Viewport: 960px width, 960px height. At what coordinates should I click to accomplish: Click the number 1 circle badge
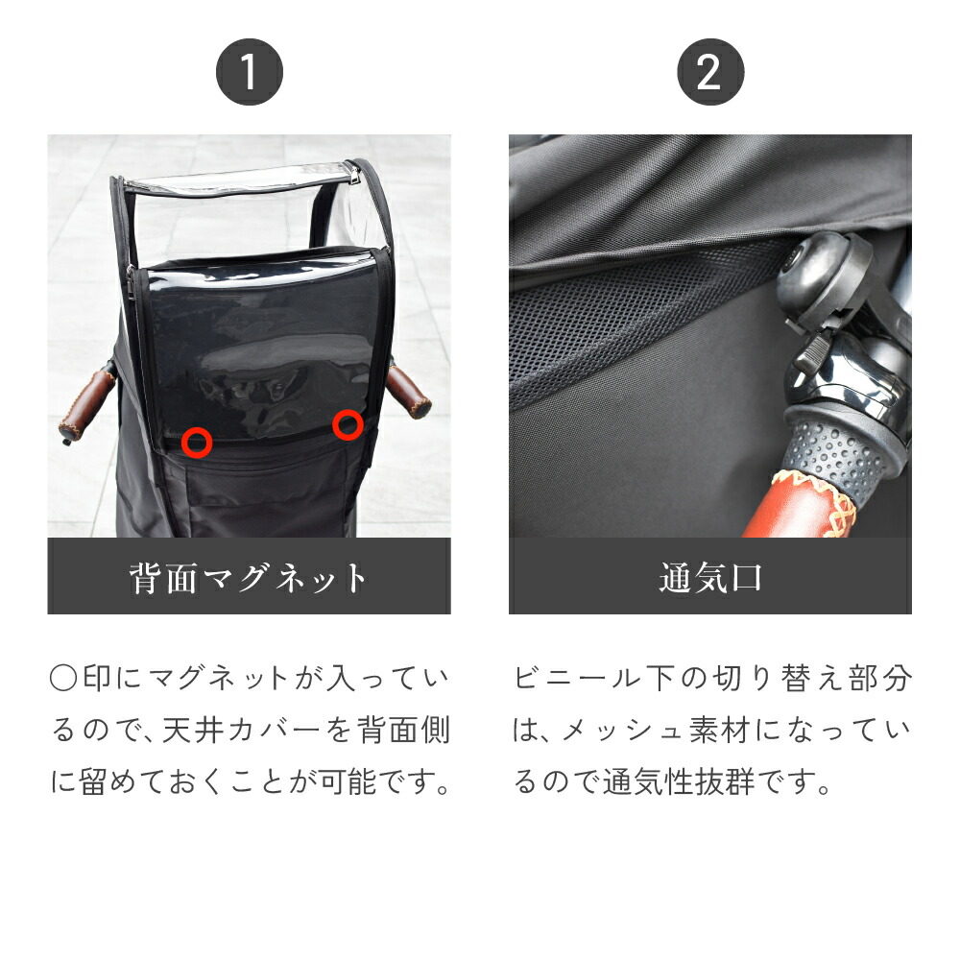[249, 73]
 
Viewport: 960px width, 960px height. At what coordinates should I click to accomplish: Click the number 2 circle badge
[709, 73]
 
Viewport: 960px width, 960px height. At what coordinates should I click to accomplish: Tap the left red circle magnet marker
[197, 442]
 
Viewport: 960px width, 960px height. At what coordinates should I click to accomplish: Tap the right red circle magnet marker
[348, 424]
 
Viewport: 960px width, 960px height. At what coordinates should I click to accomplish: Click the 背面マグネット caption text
[249, 578]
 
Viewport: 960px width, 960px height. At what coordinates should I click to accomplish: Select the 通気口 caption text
[709, 578]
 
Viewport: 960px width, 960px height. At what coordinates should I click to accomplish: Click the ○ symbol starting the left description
[61, 679]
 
